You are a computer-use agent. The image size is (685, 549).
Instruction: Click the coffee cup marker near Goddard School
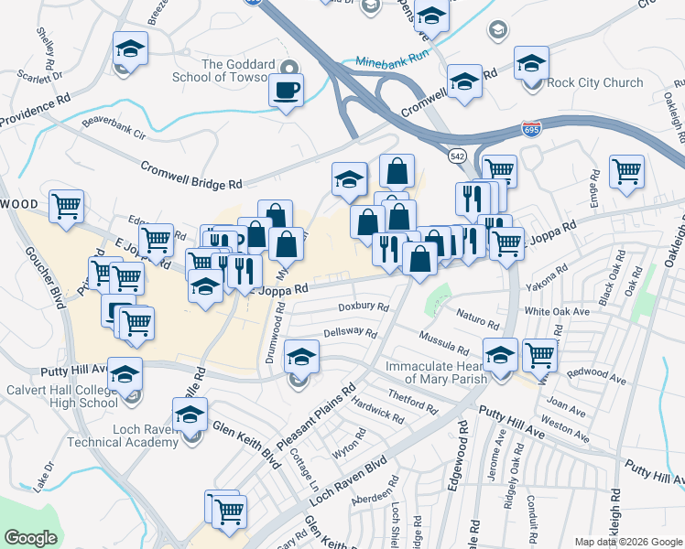pyautogui.click(x=288, y=91)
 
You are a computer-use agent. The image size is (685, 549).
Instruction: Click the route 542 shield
pyautogui.click(x=458, y=156)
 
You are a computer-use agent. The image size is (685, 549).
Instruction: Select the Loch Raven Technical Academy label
pyautogui.click(x=121, y=436)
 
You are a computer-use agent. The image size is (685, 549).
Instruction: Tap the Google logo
pyautogui.click(x=30, y=538)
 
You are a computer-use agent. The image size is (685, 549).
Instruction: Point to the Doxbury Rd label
pyautogui.click(x=364, y=307)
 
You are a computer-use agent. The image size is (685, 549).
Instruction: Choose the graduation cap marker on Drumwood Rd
pyautogui.click(x=300, y=357)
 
